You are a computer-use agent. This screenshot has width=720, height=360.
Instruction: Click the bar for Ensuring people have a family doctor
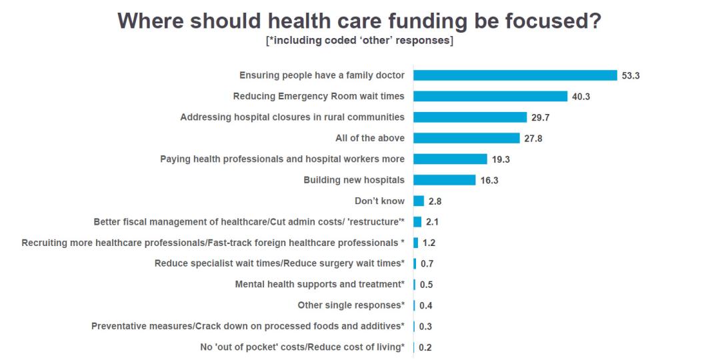coord(515,75)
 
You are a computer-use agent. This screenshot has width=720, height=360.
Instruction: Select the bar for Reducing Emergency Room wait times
coord(490,96)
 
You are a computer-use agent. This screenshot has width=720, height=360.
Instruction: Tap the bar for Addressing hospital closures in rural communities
coord(470,117)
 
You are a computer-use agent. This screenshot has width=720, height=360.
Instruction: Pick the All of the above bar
coord(466,138)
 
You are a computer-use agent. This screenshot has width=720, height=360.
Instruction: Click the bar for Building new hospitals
coord(444,180)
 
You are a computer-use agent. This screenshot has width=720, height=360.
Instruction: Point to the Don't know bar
coord(419,201)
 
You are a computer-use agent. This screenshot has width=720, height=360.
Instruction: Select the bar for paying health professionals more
coord(450,159)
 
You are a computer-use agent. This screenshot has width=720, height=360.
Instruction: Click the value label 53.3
coord(631,76)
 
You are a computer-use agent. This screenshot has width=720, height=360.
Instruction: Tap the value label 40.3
coord(581,97)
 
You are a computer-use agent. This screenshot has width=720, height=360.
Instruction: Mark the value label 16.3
coord(489,181)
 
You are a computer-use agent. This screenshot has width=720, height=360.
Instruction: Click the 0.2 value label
coord(425,347)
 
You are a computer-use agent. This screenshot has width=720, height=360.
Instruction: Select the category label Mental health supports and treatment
coord(319,284)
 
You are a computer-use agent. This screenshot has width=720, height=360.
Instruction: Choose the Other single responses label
coord(351,305)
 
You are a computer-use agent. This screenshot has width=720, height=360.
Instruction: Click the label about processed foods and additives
coord(247,326)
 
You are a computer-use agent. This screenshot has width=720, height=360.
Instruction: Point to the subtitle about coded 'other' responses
coord(360,41)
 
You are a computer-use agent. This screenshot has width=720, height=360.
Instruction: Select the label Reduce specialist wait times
coord(279,263)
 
